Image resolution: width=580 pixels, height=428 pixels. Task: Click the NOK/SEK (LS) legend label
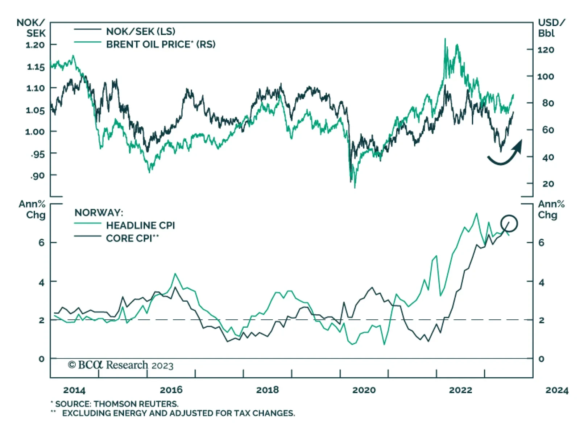point(140,32)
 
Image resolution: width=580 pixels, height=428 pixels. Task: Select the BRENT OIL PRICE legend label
point(160,44)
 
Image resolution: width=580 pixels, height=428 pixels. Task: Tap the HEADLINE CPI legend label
point(140,225)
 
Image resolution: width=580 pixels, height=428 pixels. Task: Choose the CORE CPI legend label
point(132,238)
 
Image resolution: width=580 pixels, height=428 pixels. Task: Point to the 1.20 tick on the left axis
point(35,45)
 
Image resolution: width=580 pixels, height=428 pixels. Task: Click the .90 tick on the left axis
point(37,176)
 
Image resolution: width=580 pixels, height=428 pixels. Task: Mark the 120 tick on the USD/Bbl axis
point(546,50)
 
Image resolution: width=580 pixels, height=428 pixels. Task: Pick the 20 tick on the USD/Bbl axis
point(548,184)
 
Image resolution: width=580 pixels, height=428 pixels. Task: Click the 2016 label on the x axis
point(171,390)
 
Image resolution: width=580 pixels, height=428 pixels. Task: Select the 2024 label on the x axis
point(557,390)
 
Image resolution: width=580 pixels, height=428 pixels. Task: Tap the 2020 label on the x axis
point(364,390)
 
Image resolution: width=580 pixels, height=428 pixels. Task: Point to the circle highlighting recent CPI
point(509,223)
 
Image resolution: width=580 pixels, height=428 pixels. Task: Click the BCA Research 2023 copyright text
point(121,365)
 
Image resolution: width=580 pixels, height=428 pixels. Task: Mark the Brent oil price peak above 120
point(445,39)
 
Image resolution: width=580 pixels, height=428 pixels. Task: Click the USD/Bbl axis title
point(550,28)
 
